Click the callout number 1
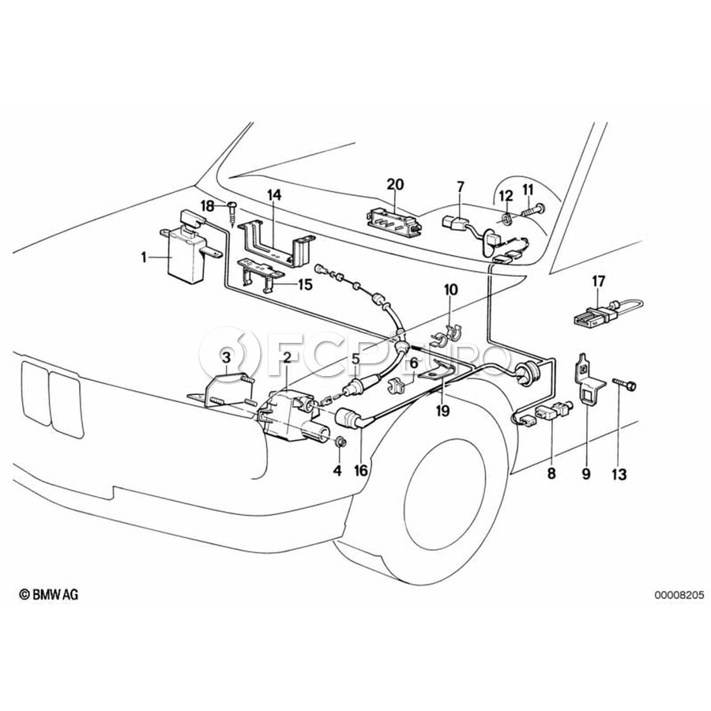(144, 256)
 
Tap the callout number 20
(395, 185)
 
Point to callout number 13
(619, 474)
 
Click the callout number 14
(273, 195)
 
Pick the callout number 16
(361, 472)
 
